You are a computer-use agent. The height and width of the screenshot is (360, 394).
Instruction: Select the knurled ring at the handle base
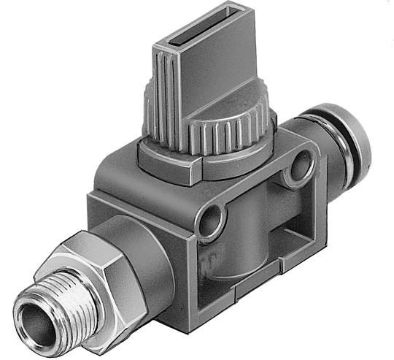click(x=219, y=134)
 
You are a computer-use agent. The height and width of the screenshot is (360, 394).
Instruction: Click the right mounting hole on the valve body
click(x=299, y=170)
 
